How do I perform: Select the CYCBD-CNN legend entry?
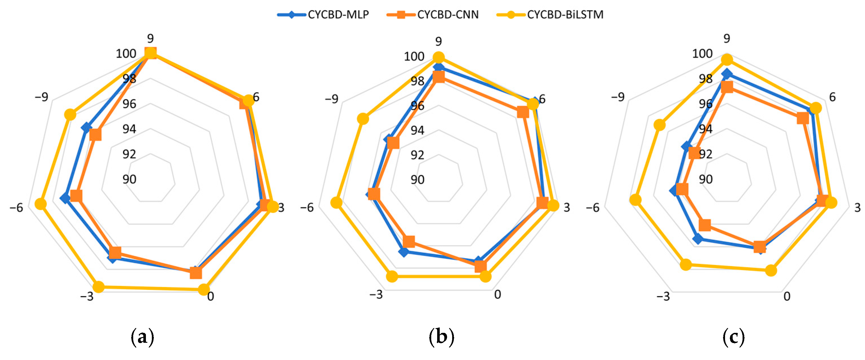[433, 14]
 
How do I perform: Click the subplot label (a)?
[143, 337]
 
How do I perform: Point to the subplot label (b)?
[441, 337]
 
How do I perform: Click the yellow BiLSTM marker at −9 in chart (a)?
[70, 115]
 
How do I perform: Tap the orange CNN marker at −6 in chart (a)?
[76, 196]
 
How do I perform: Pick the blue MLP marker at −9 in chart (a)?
[87, 128]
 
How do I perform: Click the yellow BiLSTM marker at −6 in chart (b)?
[336, 202]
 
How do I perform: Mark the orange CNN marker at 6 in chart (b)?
[523, 112]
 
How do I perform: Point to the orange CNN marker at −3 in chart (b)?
[409, 241]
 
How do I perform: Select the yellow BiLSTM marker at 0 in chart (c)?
[771, 270]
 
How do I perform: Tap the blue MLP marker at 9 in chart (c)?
[727, 74]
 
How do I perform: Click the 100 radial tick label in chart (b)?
[414, 57]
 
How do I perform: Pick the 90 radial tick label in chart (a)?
[129, 179]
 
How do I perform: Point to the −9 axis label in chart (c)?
[618, 97]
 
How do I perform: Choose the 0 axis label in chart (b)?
[498, 294]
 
